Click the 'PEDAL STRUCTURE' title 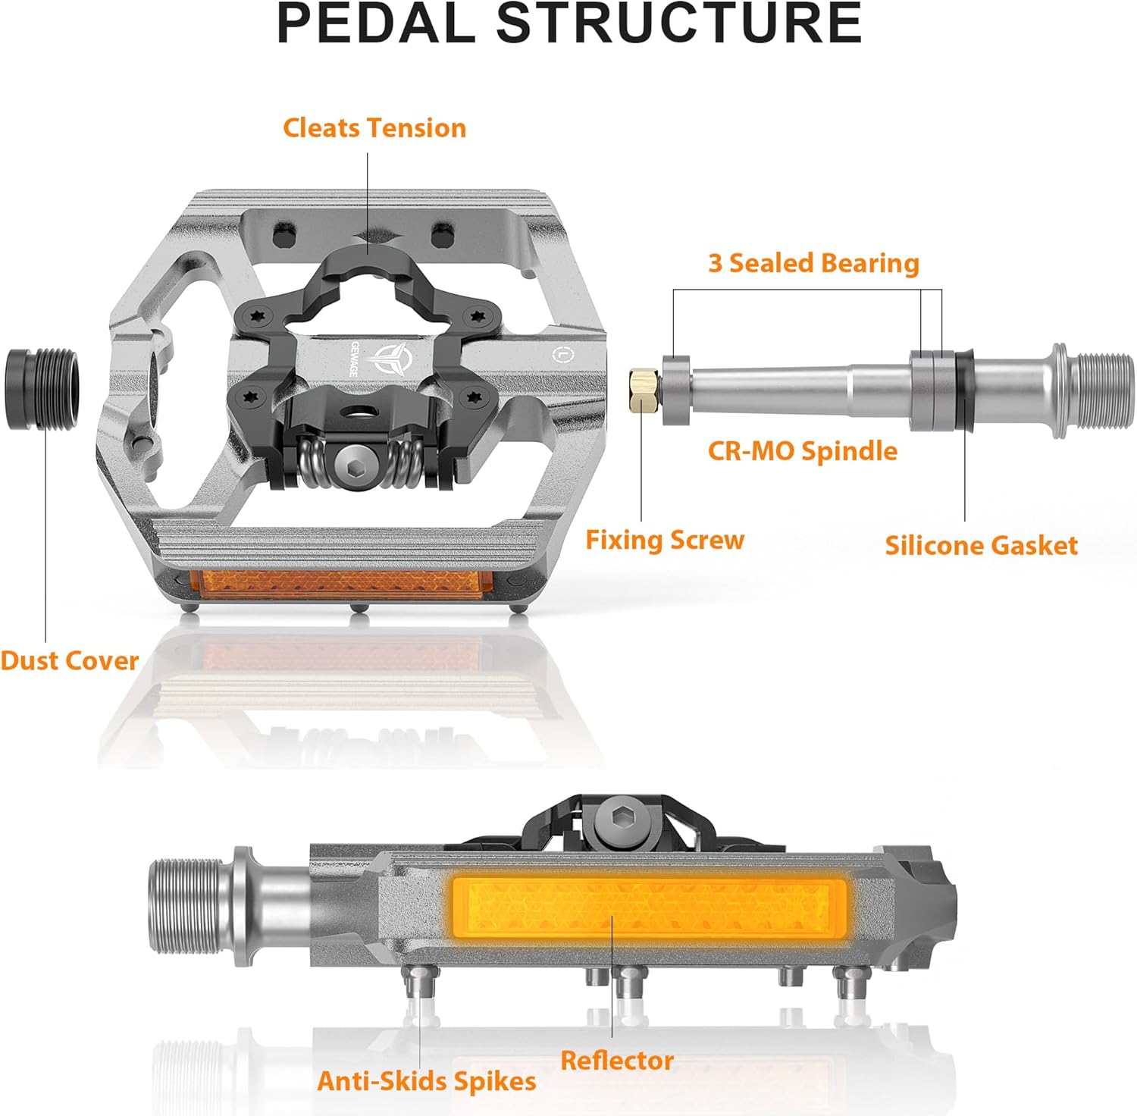pos(569,24)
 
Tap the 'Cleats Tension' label pos(374,128)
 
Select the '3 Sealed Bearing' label pos(813,263)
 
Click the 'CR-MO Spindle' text pos(802,451)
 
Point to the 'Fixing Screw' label pos(665,541)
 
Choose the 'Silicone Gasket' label pos(981,546)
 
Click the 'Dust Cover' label pos(69,660)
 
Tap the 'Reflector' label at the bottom pos(617,1061)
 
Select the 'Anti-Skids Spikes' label pos(426,1081)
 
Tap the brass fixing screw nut pos(643,390)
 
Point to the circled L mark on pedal pos(560,353)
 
